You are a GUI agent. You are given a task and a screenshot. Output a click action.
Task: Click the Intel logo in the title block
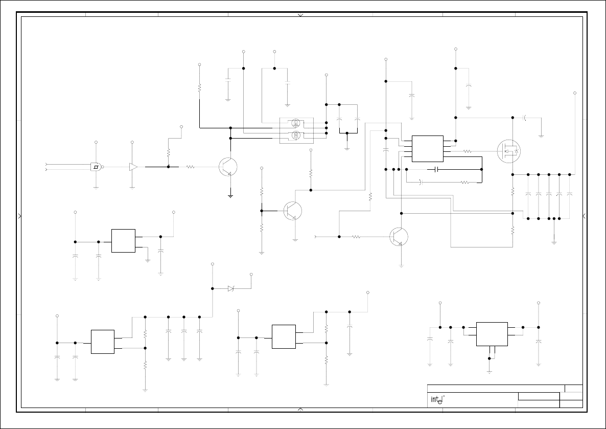click(x=436, y=400)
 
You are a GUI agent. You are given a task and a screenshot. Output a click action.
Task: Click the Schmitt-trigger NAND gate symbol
click(x=96, y=167)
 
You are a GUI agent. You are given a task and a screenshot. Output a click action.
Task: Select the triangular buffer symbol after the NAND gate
click(x=133, y=167)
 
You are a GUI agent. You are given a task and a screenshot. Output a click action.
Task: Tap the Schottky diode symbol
click(x=231, y=288)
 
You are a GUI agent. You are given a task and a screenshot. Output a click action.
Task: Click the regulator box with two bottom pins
click(x=492, y=333)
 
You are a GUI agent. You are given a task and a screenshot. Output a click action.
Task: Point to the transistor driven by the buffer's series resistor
click(x=227, y=167)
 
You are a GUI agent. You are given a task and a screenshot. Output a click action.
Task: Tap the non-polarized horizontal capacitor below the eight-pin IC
click(x=436, y=169)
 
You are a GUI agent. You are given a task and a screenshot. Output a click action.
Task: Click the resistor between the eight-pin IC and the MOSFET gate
click(x=467, y=151)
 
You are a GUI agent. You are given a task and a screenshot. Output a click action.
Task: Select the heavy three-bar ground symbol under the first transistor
click(x=230, y=195)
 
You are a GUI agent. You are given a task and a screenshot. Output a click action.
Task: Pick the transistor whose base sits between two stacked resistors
click(x=293, y=211)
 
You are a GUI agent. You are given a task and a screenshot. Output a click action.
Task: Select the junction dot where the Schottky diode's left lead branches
click(x=212, y=288)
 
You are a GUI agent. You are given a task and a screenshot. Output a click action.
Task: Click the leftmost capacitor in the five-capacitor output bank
click(x=528, y=194)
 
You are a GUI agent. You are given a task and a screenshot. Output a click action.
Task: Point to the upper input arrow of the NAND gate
click(x=46, y=165)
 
